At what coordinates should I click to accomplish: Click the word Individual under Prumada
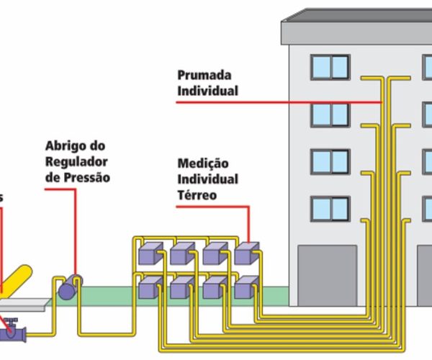[207, 91]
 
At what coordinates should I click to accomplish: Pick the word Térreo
[197, 194]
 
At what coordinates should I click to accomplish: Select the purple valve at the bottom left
[13, 331]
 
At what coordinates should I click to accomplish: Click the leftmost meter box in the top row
[149, 253]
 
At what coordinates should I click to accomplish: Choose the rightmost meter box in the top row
[246, 253]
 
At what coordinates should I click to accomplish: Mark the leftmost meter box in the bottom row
[149, 287]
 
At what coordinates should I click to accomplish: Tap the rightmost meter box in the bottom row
[246, 287]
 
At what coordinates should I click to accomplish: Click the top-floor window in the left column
[330, 67]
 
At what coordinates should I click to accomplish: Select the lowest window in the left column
[330, 209]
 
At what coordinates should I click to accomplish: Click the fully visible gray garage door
[328, 276]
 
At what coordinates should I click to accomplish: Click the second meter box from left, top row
[181, 253]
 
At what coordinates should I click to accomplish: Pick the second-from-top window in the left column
[330, 114]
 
